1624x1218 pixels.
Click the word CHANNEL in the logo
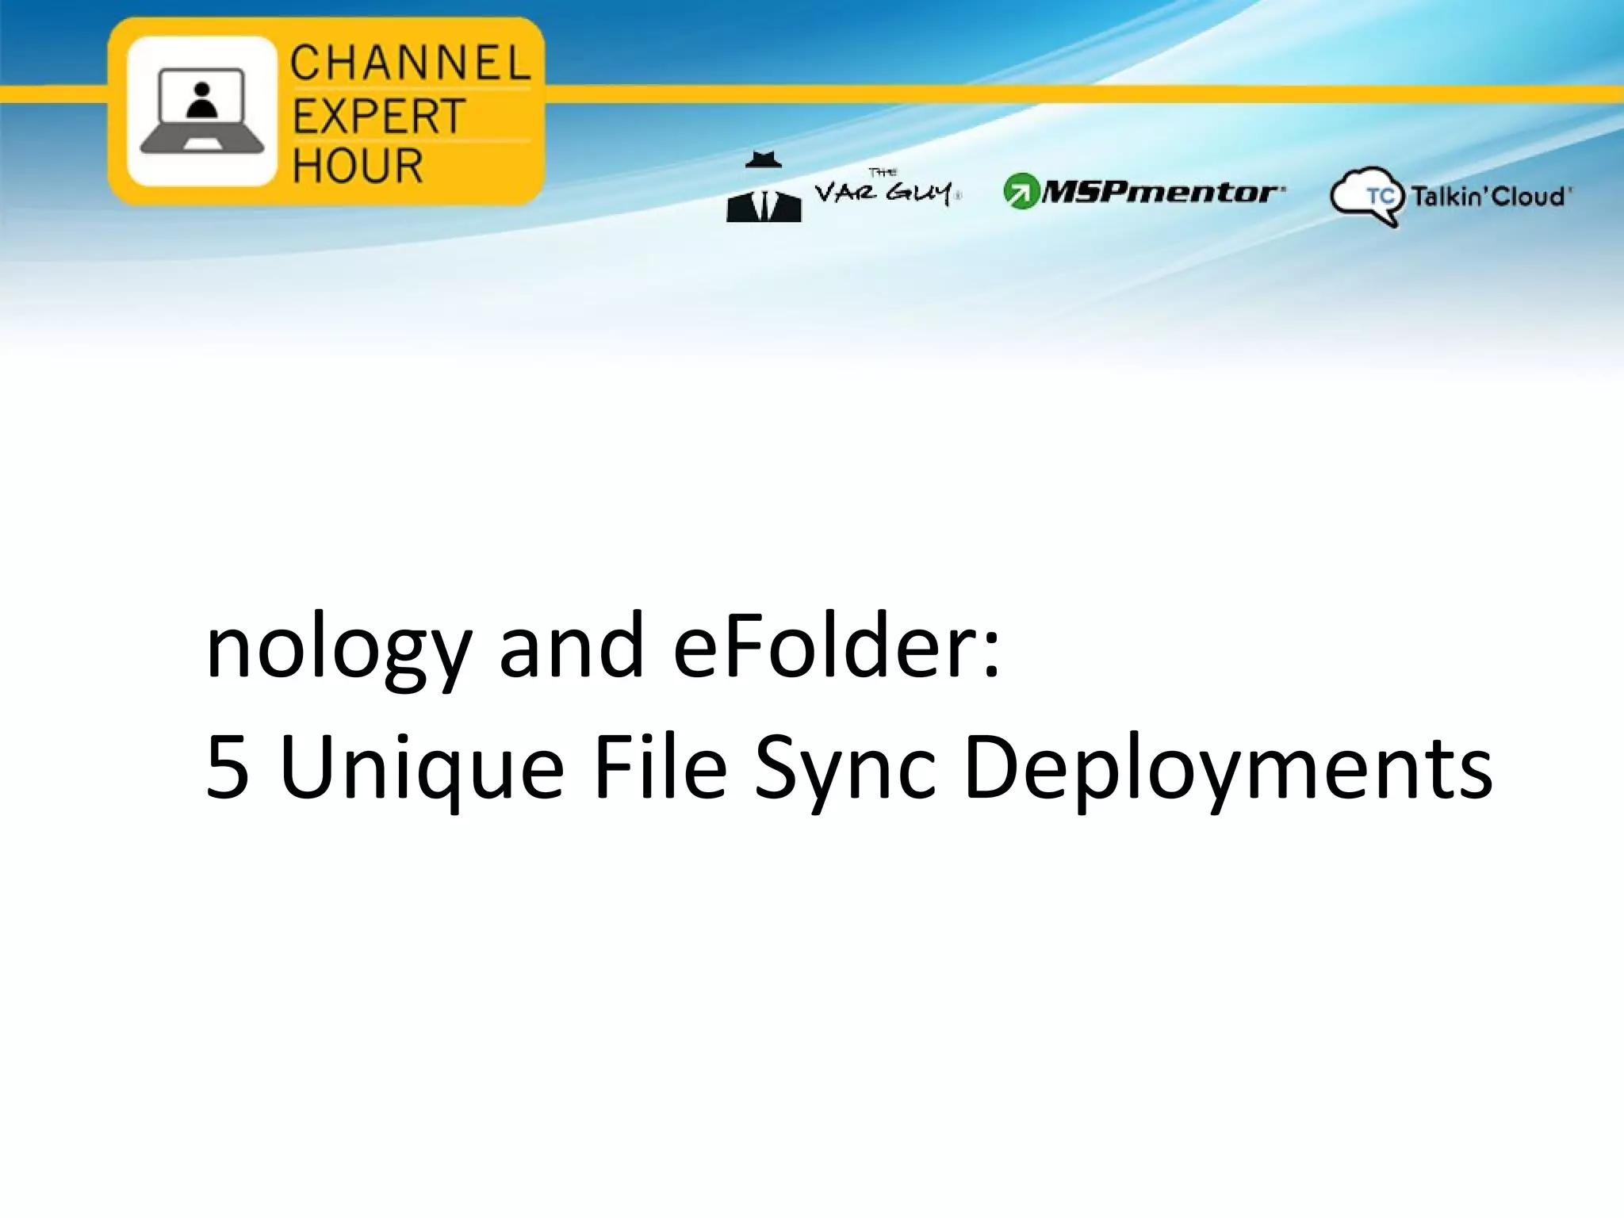point(409,63)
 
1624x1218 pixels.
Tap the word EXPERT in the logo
point(378,117)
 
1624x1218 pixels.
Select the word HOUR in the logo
point(358,166)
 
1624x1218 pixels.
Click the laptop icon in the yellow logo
point(202,111)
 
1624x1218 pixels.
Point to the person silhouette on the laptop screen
point(203,101)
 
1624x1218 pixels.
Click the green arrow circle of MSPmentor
point(1021,191)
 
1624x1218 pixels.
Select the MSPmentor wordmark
point(1160,192)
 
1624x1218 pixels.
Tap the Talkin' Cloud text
point(1489,196)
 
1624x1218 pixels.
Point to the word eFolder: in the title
point(837,646)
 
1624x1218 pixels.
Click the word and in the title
point(571,646)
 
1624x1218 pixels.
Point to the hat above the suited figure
point(763,159)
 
